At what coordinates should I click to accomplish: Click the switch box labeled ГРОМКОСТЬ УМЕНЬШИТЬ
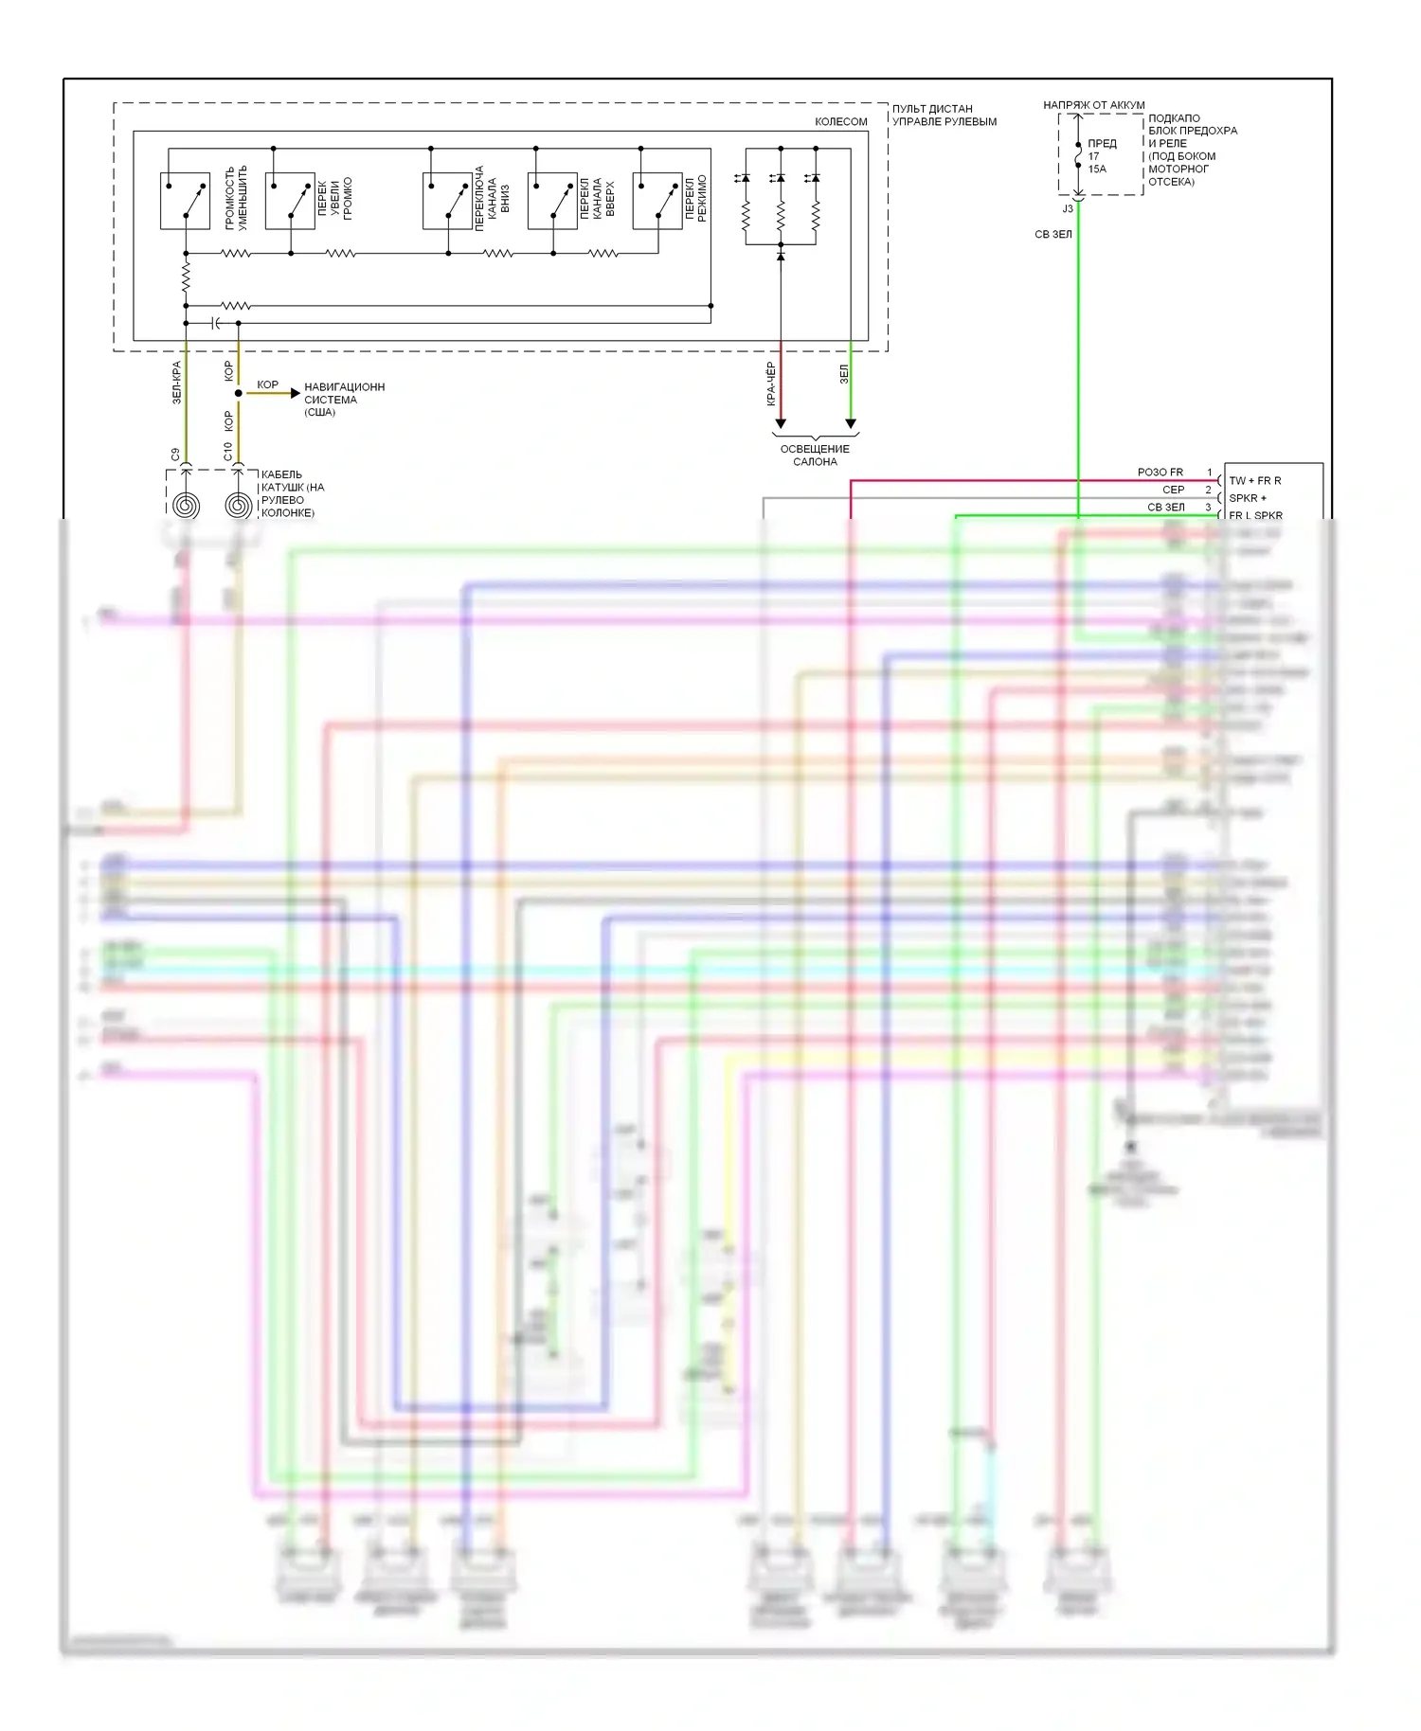click(185, 201)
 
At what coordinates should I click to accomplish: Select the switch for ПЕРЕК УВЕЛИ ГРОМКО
click(290, 201)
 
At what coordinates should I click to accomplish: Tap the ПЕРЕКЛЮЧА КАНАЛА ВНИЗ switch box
click(447, 201)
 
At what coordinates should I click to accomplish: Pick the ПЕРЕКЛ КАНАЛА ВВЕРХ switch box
click(552, 201)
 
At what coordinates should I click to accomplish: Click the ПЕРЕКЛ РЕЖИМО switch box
click(657, 201)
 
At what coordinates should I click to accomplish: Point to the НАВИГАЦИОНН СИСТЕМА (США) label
click(344, 400)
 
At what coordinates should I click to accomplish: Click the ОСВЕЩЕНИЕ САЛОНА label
click(815, 455)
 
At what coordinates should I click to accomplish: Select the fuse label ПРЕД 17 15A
click(1101, 156)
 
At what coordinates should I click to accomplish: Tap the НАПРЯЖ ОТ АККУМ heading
click(1093, 105)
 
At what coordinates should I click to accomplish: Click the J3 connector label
click(1068, 208)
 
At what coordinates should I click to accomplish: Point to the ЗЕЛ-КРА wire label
click(176, 383)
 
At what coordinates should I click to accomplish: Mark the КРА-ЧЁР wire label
click(771, 384)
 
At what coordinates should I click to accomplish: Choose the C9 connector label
click(175, 455)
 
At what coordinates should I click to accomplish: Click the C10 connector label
click(227, 453)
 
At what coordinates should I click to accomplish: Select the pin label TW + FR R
click(1254, 481)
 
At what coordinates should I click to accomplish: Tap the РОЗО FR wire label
click(1160, 473)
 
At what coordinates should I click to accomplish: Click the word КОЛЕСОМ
click(840, 122)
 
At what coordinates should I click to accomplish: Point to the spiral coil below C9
click(187, 505)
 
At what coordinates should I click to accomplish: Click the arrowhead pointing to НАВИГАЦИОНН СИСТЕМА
click(295, 393)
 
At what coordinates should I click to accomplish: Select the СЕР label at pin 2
click(1173, 490)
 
